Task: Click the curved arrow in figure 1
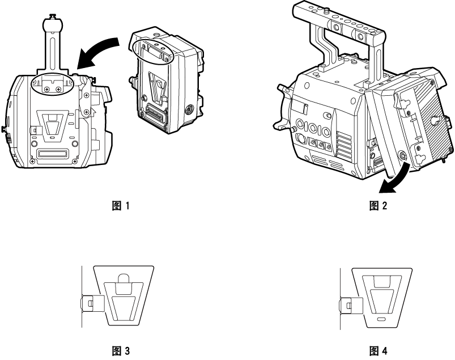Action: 99,50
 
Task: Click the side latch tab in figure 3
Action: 91,303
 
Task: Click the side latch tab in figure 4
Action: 348,307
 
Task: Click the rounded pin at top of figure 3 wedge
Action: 124,278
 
